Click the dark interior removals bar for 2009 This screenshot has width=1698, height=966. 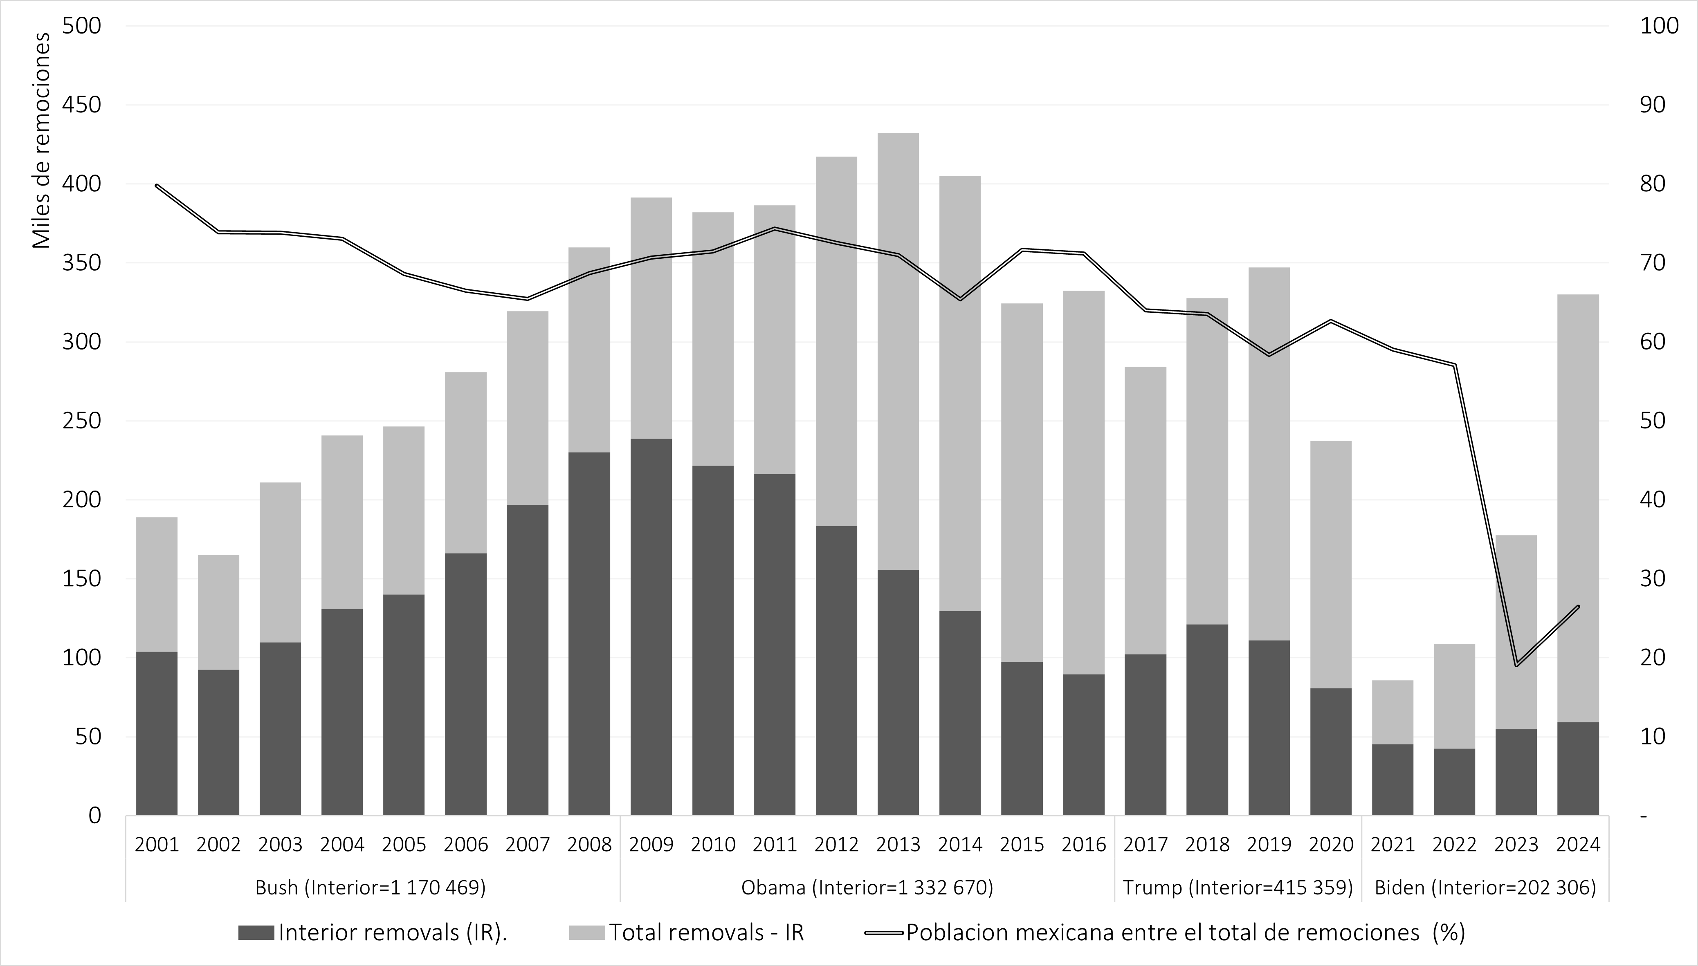point(651,627)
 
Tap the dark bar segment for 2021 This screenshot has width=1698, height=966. point(1392,780)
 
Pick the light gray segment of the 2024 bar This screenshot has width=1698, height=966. point(1577,508)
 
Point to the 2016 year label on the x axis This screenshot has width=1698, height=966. point(1084,845)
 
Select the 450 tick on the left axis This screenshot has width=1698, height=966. point(82,105)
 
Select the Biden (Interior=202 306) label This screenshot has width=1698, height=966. point(1485,888)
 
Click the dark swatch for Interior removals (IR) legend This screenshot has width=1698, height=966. point(256,932)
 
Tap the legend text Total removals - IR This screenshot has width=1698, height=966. point(707,932)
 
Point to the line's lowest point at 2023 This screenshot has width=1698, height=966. point(1516,665)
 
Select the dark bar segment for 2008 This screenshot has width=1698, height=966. point(589,634)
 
